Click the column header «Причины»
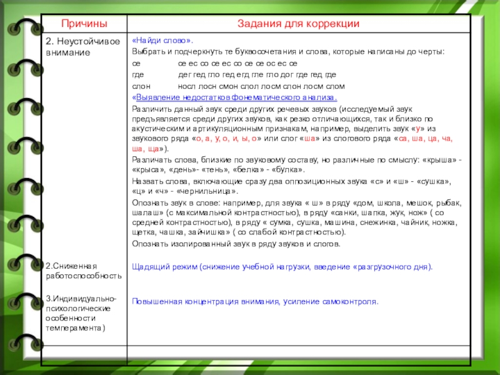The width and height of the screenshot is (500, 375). pos(84,23)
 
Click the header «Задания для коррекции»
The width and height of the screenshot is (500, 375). pos(298,23)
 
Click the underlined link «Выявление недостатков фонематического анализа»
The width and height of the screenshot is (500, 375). pos(235,97)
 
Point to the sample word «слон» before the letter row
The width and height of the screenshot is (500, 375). pos(141,86)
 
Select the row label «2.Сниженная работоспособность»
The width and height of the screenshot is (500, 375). pos(83,271)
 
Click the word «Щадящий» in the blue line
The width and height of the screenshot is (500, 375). pos(148,266)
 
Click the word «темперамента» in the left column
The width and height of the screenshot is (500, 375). pos(74,327)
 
